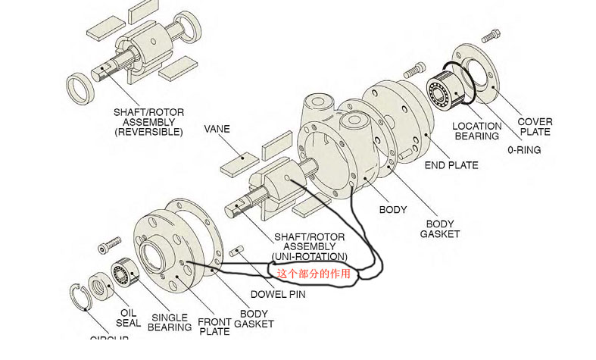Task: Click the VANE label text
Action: tap(217, 130)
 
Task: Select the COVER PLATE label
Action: tap(535, 127)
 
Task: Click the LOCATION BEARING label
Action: tap(476, 131)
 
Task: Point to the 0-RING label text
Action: tap(524, 150)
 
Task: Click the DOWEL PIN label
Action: tap(278, 294)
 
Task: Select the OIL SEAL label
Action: tap(129, 318)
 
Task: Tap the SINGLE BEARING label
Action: tap(171, 322)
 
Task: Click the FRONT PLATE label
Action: tap(214, 327)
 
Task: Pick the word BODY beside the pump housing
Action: tap(392, 209)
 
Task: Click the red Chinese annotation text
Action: tap(313, 274)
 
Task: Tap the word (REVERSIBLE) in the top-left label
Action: tap(148, 132)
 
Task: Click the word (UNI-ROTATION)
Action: tap(310, 256)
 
